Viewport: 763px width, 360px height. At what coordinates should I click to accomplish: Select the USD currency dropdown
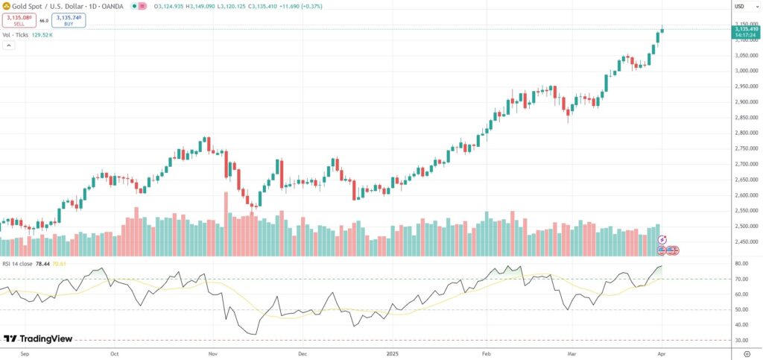pos(739,6)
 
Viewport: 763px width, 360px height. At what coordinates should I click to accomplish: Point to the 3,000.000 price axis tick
pos(746,71)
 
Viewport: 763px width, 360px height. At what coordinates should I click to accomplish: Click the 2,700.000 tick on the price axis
pos(746,164)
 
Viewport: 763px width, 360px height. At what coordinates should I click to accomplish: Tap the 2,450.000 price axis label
pos(746,241)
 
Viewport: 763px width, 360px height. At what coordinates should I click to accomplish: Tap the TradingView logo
pos(38,338)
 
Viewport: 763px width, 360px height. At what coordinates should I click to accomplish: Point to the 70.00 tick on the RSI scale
pos(741,279)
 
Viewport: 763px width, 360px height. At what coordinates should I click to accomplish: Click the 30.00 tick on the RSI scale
pos(741,340)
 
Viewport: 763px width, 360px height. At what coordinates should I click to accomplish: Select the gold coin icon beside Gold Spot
pos(6,6)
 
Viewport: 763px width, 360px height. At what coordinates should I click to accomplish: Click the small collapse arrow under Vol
pos(8,45)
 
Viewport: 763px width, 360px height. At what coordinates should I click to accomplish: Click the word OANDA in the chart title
pos(114,6)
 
